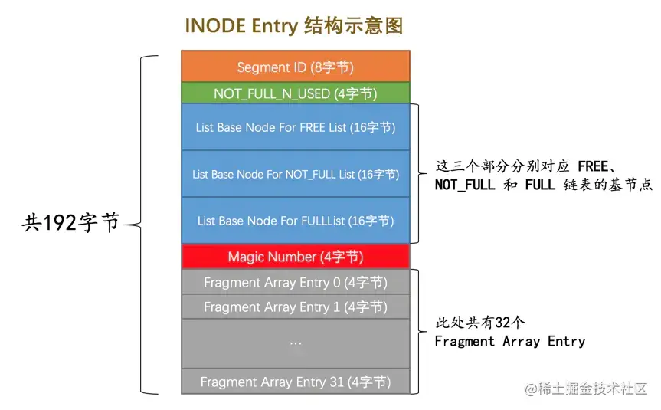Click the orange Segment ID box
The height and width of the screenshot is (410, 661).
pyautogui.click(x=295, y=67)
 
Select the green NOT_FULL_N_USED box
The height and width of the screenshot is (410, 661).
pyautogui.click(x=295, y=93)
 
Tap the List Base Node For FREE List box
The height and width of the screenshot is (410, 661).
pyautogui.click(x=295, y=127)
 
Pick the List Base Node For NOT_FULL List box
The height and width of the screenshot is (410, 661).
pyautogui.click(x=295, y=174)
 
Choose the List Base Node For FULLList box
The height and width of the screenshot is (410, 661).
pyautogui.click(x=295, y=221)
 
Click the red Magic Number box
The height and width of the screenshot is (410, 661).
pyautogui.click(x=295, y=256)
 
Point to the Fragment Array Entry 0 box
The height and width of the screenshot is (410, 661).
pyautogui.click(x=295, y=282)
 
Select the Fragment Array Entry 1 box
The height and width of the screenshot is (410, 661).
pyautogui.click(x=295, y=307)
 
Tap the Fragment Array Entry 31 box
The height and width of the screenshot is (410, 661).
pyautogui.click(x=295, y=381)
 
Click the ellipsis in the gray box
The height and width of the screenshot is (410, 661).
pyautogui.click(x=295, y=343)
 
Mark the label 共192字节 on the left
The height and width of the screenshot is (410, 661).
pyautogui.click(x=70, y=223)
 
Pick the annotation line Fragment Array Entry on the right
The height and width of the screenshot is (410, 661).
pyautogui.click(x=509, y=342)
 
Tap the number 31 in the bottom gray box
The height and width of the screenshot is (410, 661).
pyautogui.click(x=336, y=381)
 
